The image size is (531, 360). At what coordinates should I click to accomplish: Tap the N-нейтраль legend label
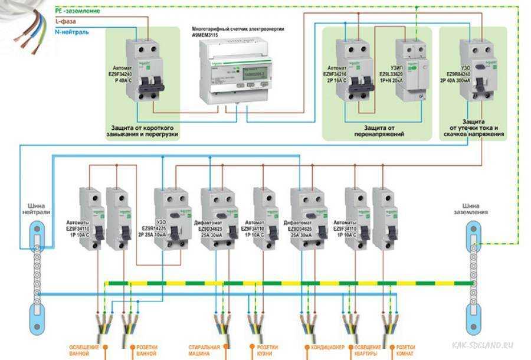(71, 31)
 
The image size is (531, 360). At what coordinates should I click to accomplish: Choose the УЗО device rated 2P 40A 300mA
(478, 68)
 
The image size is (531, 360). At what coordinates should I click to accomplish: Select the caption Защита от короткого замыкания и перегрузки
(145, 130)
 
